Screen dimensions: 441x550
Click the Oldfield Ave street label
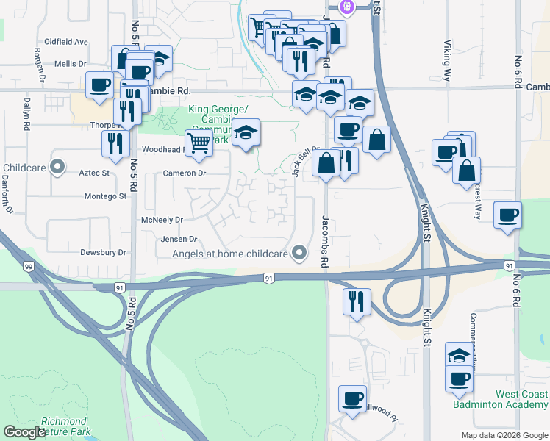(x=66, y=42)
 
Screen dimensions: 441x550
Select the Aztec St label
(x=93, y=173)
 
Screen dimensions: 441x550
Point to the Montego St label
(x=105, y=196)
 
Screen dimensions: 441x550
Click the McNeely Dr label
(x=162, y=220)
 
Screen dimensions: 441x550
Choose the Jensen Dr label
(x=179, y=239)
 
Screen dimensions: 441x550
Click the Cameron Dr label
(x=184, y=173)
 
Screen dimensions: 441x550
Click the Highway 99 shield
(x=28, y=265)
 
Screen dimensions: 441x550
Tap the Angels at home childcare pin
(x=299, y=254)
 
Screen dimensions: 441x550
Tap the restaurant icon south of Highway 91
(x=357, y=301)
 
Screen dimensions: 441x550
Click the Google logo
(x=24, y=432)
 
